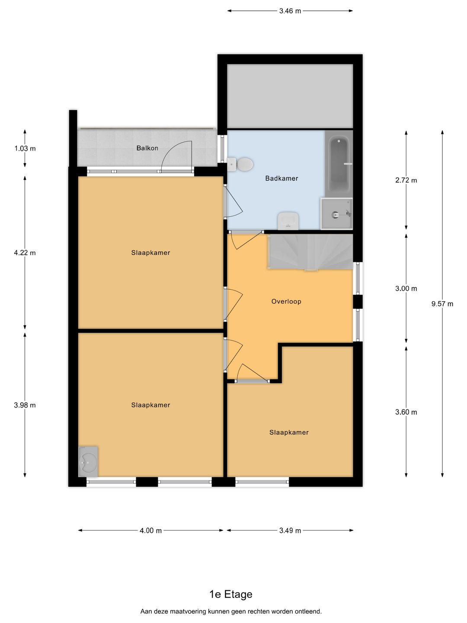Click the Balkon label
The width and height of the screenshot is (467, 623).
(147, 148)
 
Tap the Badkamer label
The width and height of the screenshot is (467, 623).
(281, 178)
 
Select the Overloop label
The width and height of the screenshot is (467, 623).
(286, 301)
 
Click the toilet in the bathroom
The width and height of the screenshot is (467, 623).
(240, 164)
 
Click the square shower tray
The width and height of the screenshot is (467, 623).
(336, 214)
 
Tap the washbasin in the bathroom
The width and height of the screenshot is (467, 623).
(288, 221)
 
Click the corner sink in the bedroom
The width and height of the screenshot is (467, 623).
(88, 461)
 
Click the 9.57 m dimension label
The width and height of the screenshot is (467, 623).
(442, 304)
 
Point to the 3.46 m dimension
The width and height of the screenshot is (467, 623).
(290, 11)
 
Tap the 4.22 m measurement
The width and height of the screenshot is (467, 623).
(25, 253)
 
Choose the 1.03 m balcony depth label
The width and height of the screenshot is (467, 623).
(25, 148)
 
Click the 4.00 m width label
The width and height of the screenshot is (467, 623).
(150, 530)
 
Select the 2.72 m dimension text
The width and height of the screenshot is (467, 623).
(406, 180)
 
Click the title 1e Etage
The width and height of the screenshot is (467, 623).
(231, 594)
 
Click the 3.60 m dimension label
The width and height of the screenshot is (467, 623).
(406, 412)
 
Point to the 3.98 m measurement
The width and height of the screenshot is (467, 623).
(25, 405)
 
